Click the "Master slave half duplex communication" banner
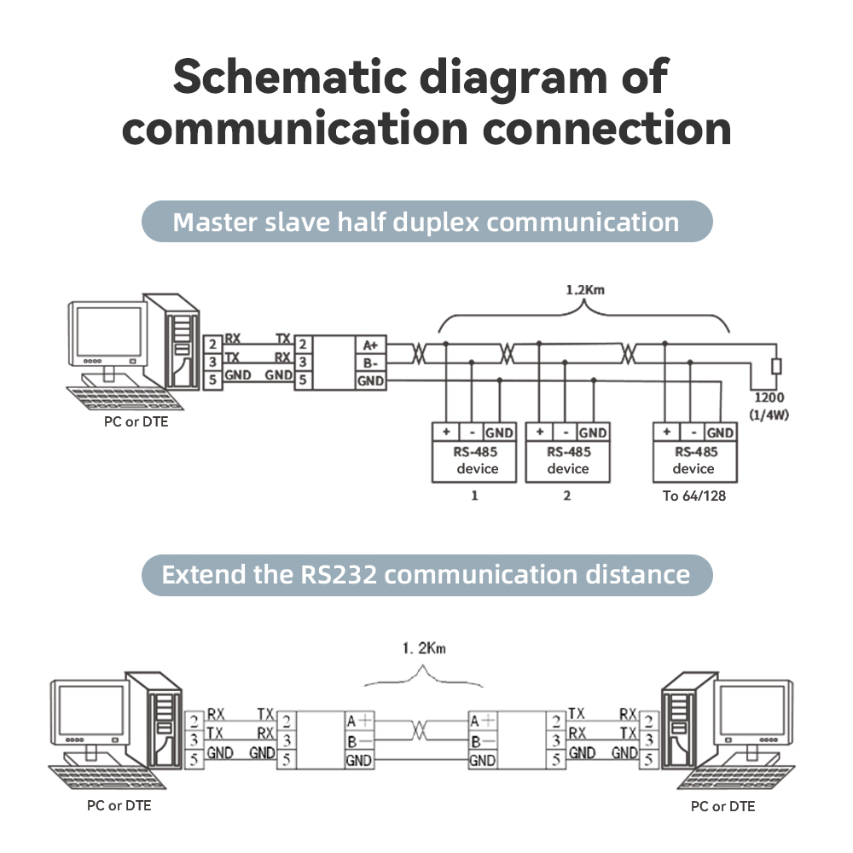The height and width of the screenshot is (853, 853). (x=426, y=222)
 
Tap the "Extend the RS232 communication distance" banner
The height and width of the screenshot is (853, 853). (x=426, y=573)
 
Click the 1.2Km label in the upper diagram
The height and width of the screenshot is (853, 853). (x=584, y=290)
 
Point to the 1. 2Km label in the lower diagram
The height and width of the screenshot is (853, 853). (x=424, y=649)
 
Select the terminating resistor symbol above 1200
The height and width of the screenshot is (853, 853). (x=775, y=367)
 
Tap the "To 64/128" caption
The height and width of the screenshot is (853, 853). (x=693, y=496)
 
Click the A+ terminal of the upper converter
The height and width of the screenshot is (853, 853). (x=371, y=345)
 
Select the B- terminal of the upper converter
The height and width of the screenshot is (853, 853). (x=371, y=363)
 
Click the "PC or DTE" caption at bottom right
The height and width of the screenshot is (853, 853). (x=722, y=806)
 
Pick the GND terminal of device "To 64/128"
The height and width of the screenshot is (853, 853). (x=721, y=432)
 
